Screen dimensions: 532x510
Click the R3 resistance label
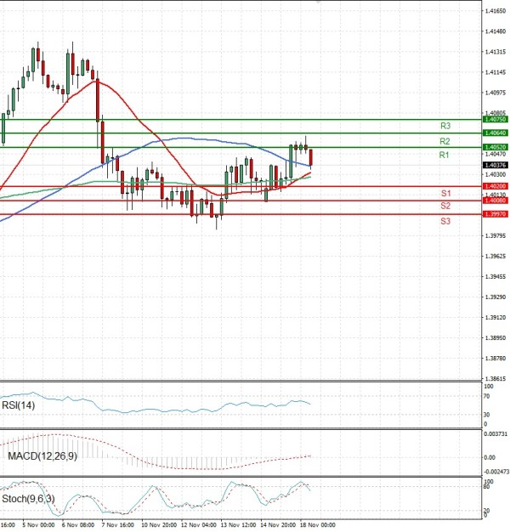pos(445,126)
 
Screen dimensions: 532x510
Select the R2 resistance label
pos(445,140)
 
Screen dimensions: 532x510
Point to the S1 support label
pos(445,194)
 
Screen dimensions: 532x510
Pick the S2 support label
pos(445,206)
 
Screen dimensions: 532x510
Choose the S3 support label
pos(445,221)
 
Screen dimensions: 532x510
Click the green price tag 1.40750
pos(495,120)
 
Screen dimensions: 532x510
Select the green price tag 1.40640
pos(495,133)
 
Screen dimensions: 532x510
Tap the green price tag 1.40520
pos(495,147)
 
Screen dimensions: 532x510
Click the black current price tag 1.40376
pos(495,165)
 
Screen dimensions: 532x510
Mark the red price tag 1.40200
pos(495,186)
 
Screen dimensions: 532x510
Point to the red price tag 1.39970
pos(495,214)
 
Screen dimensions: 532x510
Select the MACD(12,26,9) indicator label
pos(42,456)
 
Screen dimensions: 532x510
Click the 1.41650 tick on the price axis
pos(495,10)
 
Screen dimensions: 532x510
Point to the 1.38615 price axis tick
pos(495,379)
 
